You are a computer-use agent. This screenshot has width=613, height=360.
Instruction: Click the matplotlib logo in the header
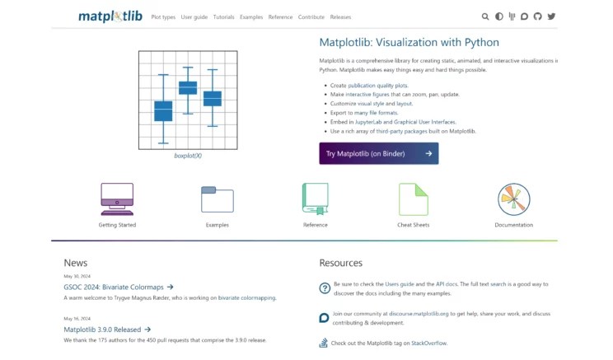point(111,16)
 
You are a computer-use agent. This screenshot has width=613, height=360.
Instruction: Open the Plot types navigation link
point(162,16)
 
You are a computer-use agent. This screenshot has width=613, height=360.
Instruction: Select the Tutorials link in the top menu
point(223,16)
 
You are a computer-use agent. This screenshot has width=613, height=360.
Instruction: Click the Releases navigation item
point(339,16)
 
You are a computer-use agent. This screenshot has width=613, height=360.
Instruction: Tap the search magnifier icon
point(485,16)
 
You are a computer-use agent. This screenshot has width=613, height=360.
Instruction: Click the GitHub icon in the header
point(538,16)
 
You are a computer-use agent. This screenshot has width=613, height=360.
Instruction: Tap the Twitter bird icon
point(551,16)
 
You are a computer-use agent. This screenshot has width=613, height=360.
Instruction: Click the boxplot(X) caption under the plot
point(188,155)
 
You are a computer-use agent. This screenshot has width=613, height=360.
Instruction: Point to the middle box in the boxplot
point(188,87)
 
